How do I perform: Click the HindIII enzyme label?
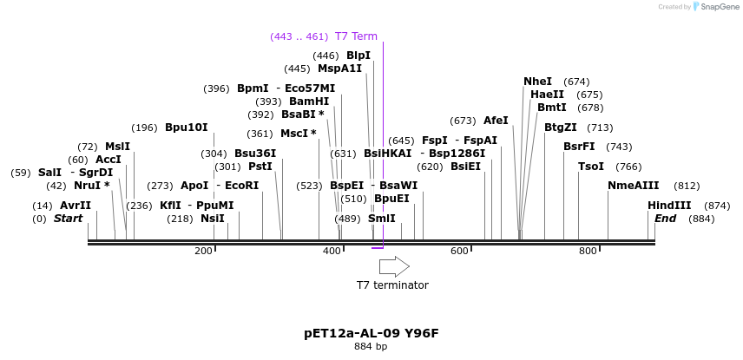click(x=669, y=206)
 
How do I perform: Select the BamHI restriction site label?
click(x=309, y=101)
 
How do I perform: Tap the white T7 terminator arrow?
click(x=394, y=266)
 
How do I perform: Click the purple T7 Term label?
click(x=357, y=36)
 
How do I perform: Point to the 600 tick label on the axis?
click(x=459, y=251)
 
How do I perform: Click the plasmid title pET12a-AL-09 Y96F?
click(x=371, y=333)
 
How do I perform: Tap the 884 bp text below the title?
click(x=371, y=347)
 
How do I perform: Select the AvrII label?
click(x=76, y=206)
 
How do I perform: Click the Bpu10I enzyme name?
click(x=187, y=128)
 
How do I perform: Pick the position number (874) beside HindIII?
click(x=718, y=206)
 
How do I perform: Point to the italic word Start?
click(x=69, y=219)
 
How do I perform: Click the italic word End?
click(x=665, y=219)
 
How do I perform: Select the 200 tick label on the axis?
click(x=203, y=251)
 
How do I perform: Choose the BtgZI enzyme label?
click(x=561, y=128)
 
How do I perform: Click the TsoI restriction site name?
click(x=591, y=167)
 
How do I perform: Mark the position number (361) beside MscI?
click(x=260, y=134)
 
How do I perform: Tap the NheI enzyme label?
click(x=538, y=82)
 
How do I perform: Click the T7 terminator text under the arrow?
click(x=392, y=285)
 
